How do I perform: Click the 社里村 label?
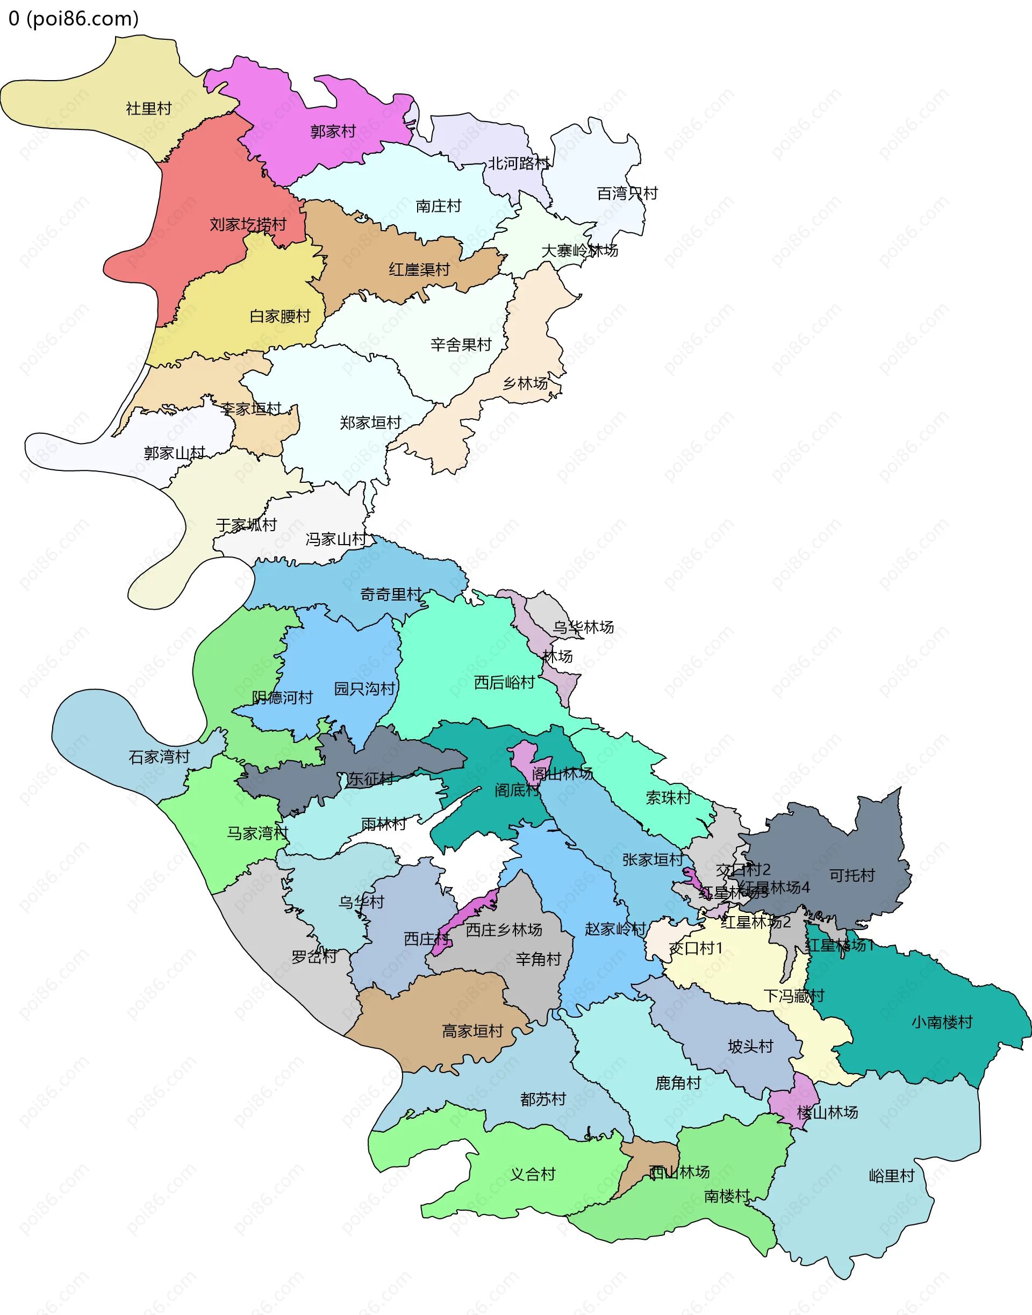(x=149, y=109)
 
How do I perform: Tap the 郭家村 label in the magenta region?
(x=332, y=132)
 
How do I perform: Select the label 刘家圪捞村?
(x=248, y=225)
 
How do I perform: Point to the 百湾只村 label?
(x=627, y=194)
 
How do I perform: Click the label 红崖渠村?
(x=419, y=269)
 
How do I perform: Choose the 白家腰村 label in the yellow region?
(x=279, y=317)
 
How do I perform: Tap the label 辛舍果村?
(x=461, y=345)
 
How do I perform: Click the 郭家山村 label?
(x=175, y=453)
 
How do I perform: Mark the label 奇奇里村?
(x=391, y=595)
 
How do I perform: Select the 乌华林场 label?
(x=583, y=628)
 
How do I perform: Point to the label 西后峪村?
(x=505, y=683)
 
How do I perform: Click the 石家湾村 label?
(x=159, y=757)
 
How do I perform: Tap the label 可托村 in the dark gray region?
(x=851, y=876)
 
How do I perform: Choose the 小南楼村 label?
(x=941, y=1023)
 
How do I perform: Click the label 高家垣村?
(x=472, y=1032)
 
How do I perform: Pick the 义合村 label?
(x=532, y=1175)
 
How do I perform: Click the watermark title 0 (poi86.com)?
(x=74, y=19)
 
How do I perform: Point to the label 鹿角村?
(x=678, y=1083)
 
